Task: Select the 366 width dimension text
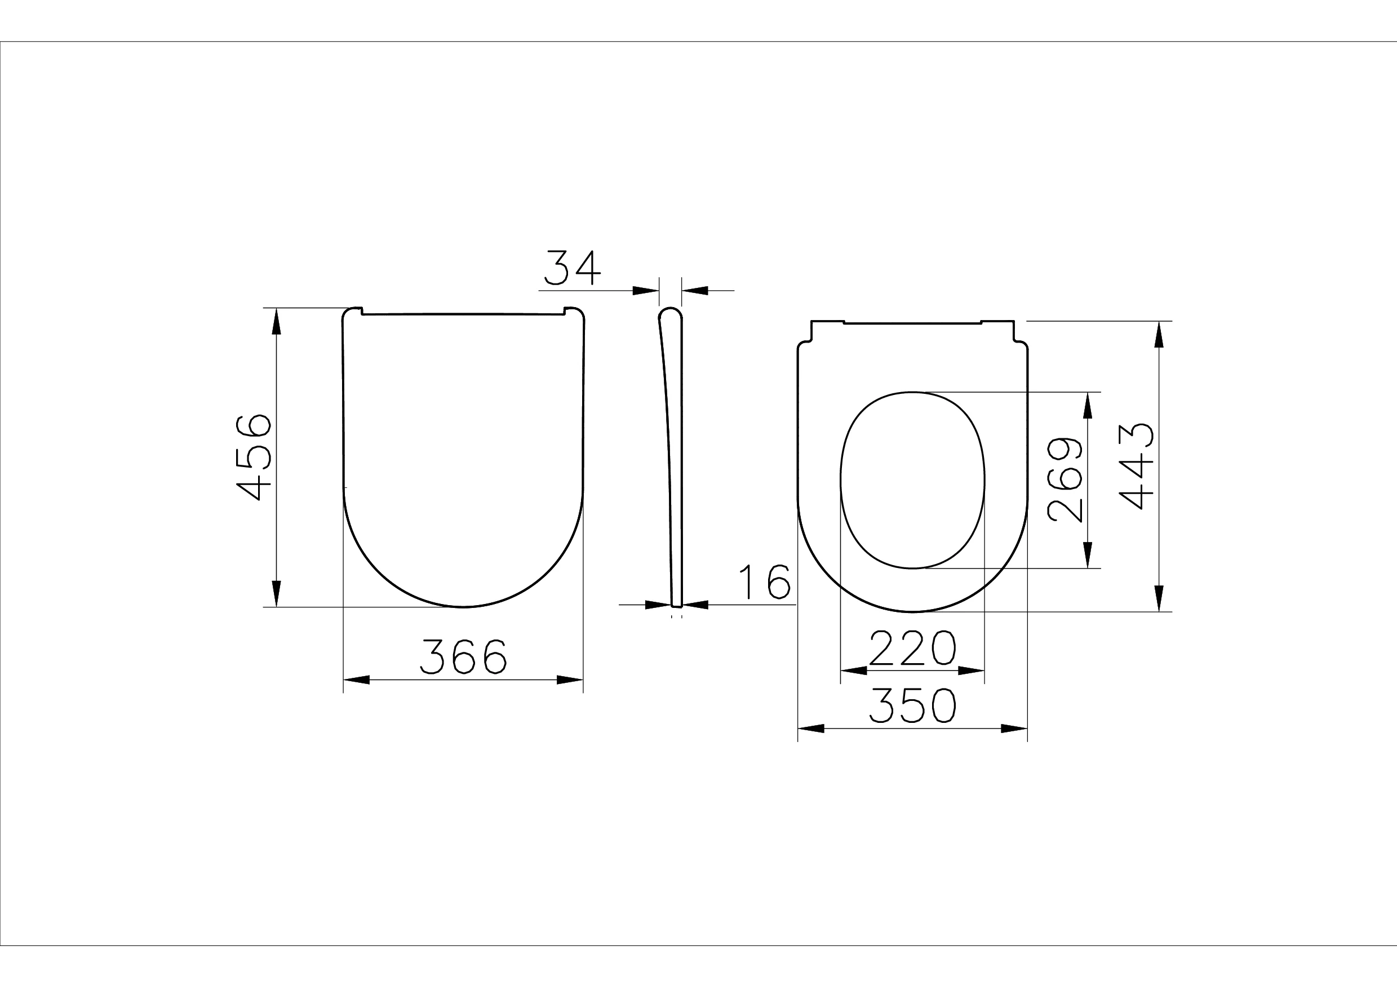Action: tap(464, 656)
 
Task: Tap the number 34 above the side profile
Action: tap(572, 268)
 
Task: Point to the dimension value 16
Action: tap(765, 582)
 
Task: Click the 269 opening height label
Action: tap(1065, 481)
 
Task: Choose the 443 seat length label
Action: tap(1137, 466)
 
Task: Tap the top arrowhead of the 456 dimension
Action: tap(276, 321)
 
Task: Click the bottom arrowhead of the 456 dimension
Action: tap(276, 594)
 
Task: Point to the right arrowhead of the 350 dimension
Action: tap(1014, 729)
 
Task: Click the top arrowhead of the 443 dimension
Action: tap(1159, 335)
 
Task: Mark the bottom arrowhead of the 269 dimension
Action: tap(1089, 555)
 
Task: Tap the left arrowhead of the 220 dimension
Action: tap(854, 671)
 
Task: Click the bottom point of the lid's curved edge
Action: tap(463, 606)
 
